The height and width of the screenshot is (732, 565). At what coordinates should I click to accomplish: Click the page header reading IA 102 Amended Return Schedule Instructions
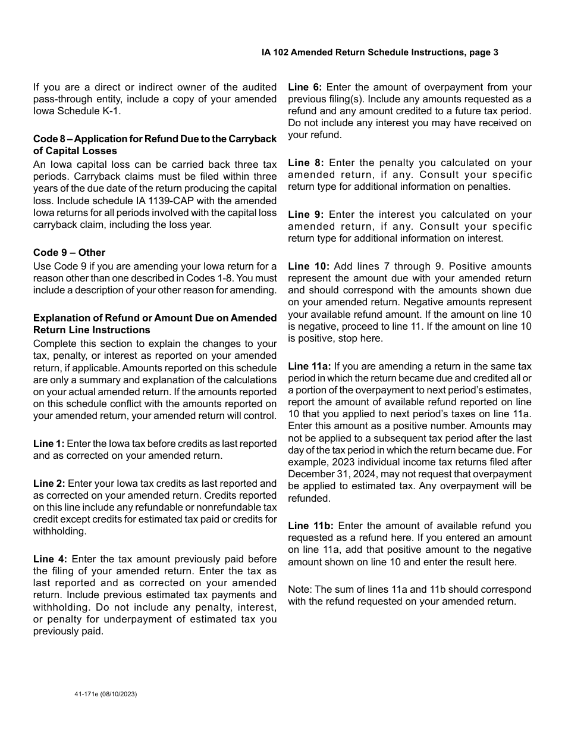point(379,52)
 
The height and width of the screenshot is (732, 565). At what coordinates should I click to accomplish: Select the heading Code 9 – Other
point(69,252)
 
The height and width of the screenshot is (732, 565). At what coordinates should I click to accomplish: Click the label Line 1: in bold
point(49,443)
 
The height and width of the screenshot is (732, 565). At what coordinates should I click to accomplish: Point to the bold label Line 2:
point(49,483)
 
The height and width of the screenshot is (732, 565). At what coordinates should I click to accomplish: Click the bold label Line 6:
point(305,87)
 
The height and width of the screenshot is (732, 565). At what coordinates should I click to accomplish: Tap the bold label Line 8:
point(306,162)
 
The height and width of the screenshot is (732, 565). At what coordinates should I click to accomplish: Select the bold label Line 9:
point(306,214)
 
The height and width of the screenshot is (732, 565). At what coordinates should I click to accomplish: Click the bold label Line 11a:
point(310,366)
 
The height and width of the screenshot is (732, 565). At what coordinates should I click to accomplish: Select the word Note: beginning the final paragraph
point(300,589)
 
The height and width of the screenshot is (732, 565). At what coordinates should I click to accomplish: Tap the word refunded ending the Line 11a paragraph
point(308,498)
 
